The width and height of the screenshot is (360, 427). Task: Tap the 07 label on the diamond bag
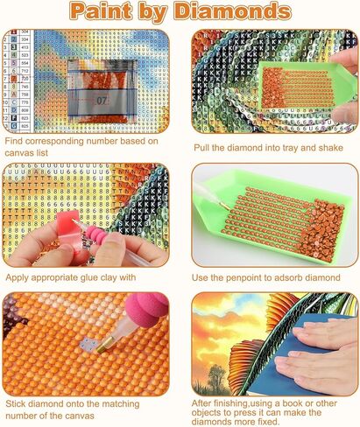pos(102,101)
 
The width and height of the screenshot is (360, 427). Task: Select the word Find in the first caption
pos(15,140)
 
